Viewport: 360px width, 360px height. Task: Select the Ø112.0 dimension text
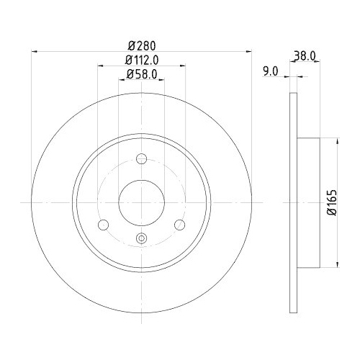(142, 60)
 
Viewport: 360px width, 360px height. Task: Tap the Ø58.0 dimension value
(142, 73)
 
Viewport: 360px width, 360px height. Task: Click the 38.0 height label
(305, 53)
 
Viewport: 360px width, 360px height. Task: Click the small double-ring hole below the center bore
(141, 239)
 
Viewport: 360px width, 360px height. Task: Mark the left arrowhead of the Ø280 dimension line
(35, 50)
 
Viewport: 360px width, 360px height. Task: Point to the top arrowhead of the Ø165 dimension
(335, 141)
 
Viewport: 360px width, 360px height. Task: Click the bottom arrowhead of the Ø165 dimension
(335, 264)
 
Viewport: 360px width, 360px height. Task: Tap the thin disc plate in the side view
(293, 202)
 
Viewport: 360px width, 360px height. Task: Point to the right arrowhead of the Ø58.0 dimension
(163, 79)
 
